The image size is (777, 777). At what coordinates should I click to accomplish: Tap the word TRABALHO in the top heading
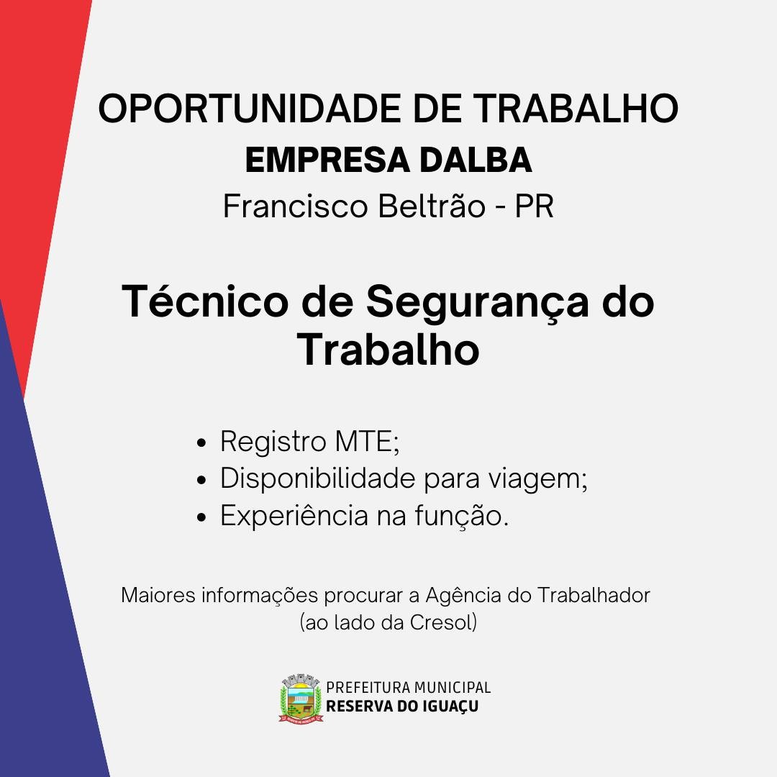pos(576,109)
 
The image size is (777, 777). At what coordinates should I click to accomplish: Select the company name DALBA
pos(476,160)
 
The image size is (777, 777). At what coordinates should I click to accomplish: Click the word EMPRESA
pos(327,160)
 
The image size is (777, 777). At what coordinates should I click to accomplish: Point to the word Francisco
pos(296,206)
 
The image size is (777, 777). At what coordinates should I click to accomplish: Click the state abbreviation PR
pos(534,206)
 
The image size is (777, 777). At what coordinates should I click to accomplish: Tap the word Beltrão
pos(432,206)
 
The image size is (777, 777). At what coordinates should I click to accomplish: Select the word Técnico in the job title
pos(205,301)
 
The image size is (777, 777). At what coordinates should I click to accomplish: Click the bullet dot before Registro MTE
pos(201,442)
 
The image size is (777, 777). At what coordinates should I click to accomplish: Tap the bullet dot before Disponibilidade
pos(201,480)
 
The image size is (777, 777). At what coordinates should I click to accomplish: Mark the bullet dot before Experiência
pos(201,517)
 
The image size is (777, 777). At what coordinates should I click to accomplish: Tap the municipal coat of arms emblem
pos(300,698)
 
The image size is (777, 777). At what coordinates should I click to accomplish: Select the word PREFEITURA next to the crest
pos(368,687)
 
